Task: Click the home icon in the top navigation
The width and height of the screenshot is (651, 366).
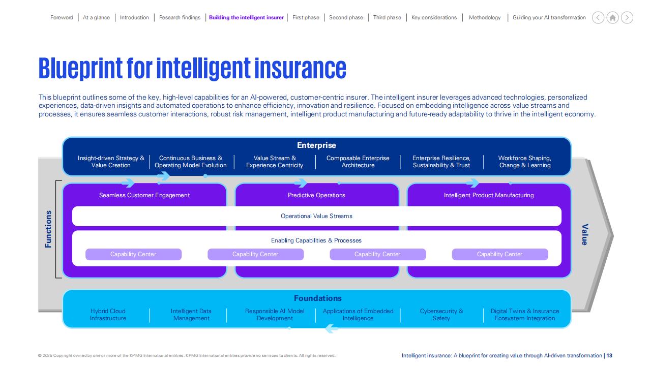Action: pyautogui.click(x=612, y=18)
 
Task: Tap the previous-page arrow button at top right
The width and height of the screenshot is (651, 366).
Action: pyautogui.click(x=598, y=18)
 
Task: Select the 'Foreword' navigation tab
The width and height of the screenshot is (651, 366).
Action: pyautogui.click(x=62, y=17)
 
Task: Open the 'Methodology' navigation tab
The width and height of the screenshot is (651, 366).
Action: pyautogui.click(x=485, y=17)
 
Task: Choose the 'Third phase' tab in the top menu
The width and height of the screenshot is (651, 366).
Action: pyautogui.click(x=387, y=17)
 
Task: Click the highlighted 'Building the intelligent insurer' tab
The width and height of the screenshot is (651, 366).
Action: pyautogui.click(x=246, y=17)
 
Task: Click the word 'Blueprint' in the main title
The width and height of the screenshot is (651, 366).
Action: pyautogui.click(x=80, y=69)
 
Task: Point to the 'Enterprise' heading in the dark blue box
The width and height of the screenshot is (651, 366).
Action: pyautogui.click(x=316, y=145)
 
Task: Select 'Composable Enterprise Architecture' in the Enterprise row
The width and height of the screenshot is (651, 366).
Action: pyautogui.click(x=358, y=162)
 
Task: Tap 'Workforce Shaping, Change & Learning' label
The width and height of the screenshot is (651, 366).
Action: pyautogui.click(x=524, y=162)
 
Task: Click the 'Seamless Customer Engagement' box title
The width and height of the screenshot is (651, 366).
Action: pyautogui.click(x=144, y=195)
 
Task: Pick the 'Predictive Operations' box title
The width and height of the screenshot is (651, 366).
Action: pyautogui.click(x=316, y=195)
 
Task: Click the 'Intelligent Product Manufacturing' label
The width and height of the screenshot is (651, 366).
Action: pyautogui.click(x=489, y=195)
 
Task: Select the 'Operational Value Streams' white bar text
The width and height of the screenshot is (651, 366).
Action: pyautogui.click(x=316, y=216)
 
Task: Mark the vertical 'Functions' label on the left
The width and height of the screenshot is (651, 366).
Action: pyautogui.click(x=48, y=229)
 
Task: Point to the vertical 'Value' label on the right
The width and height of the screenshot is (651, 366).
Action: pyautogui.click(x=585, y=235)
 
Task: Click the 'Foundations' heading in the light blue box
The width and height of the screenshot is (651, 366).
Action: pyautogui.click(x=318, y=298)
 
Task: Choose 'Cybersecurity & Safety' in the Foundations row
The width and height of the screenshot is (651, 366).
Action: pyautogui.click(x=441, y=315)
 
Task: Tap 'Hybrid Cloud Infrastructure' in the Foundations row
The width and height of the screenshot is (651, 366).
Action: pyautogui.click(x=108, y=315)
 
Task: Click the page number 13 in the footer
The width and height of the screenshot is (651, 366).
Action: pyautogui.click(x=609, y=355)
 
